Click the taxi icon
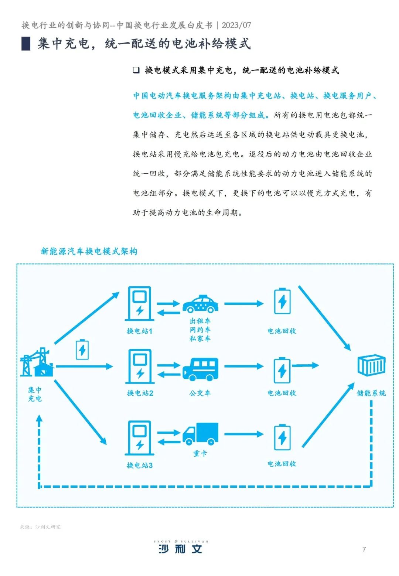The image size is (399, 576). point(200,304)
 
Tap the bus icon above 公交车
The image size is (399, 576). point(200,369)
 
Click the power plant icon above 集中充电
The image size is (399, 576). point(36,363)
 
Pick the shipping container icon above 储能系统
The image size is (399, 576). point(371,365)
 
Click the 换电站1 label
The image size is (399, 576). point(139,331)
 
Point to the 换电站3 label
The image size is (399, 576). point(139,465)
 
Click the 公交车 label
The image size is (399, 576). point(200,393)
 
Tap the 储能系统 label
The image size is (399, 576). point(371,393)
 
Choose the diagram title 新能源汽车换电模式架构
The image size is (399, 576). point(89,252)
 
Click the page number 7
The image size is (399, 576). point(364,549)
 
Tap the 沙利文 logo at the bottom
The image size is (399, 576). point(181,548)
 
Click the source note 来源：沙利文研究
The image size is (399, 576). point(40,527)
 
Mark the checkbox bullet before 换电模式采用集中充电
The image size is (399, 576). point(136,70)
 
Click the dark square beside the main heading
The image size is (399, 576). point(26,44)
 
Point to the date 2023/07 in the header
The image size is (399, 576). point(236,25)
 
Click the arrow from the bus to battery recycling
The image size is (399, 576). point(243,366)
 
